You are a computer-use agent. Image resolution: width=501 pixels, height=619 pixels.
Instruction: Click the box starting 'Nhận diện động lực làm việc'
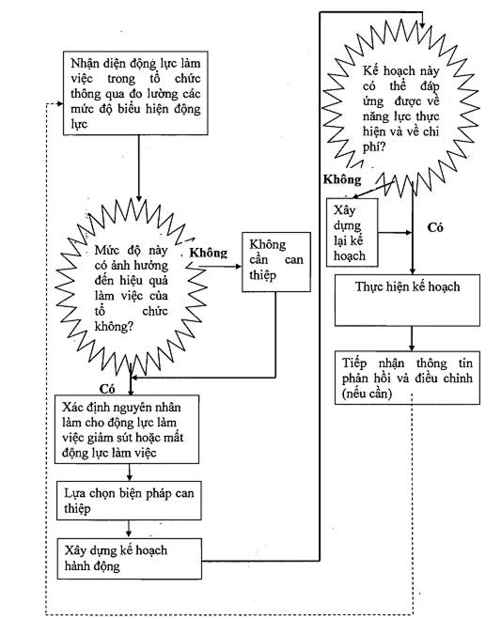[135, 93]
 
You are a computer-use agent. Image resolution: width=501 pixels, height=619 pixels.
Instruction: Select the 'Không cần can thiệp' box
[276, 262]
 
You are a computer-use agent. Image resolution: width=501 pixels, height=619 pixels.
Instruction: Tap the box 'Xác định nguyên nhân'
[127, 429]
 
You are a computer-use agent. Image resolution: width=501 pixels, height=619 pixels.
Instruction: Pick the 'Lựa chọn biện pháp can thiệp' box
[129, 501]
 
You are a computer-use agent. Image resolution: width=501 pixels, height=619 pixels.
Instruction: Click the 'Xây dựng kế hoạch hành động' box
[130, 559]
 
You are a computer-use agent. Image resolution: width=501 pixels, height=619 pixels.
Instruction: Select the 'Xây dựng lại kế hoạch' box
[352, 233]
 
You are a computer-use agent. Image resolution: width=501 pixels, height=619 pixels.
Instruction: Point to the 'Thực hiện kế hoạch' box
[407, 301]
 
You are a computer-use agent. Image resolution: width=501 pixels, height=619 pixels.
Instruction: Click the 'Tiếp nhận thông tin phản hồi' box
[407, 378]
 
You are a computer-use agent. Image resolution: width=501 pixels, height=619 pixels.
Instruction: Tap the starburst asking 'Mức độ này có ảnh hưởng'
[132, 287]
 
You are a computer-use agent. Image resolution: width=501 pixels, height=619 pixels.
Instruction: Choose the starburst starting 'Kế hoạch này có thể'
[401, 106]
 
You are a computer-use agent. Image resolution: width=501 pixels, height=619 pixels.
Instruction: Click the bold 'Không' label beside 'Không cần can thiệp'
[209, 253]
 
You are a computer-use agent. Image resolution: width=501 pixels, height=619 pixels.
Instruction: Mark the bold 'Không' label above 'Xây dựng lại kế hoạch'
[342, 179]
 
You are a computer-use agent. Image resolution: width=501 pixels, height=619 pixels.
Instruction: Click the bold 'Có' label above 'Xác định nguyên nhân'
[107, 389]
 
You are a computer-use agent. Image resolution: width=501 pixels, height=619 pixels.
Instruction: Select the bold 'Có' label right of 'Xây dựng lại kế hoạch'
[435, 227]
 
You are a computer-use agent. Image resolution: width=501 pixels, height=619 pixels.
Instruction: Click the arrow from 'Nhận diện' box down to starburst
[139, 168]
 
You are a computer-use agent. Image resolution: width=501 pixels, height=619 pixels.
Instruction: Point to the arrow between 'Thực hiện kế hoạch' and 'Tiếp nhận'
[412, 338]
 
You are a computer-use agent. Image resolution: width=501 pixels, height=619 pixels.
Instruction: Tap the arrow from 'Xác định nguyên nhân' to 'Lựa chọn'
[129, 472]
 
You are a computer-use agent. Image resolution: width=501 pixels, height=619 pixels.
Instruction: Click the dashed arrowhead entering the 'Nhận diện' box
[60, 104]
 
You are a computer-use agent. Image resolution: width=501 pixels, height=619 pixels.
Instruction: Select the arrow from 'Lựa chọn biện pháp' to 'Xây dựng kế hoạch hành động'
[129, 529]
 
